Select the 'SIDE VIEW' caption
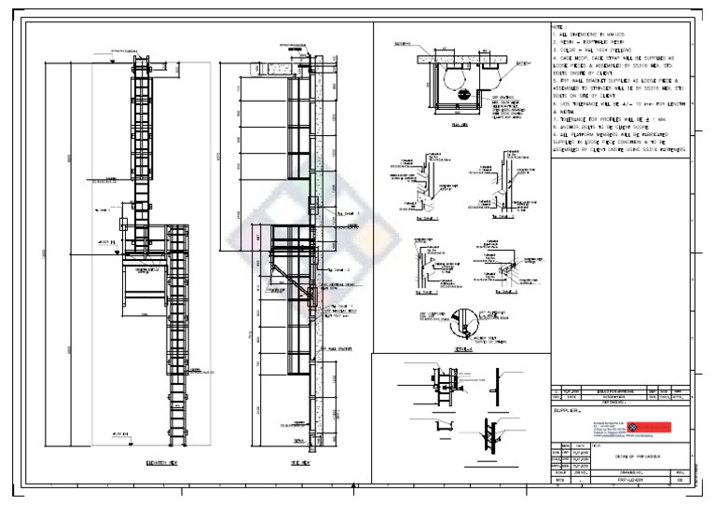tap(300, 462)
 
